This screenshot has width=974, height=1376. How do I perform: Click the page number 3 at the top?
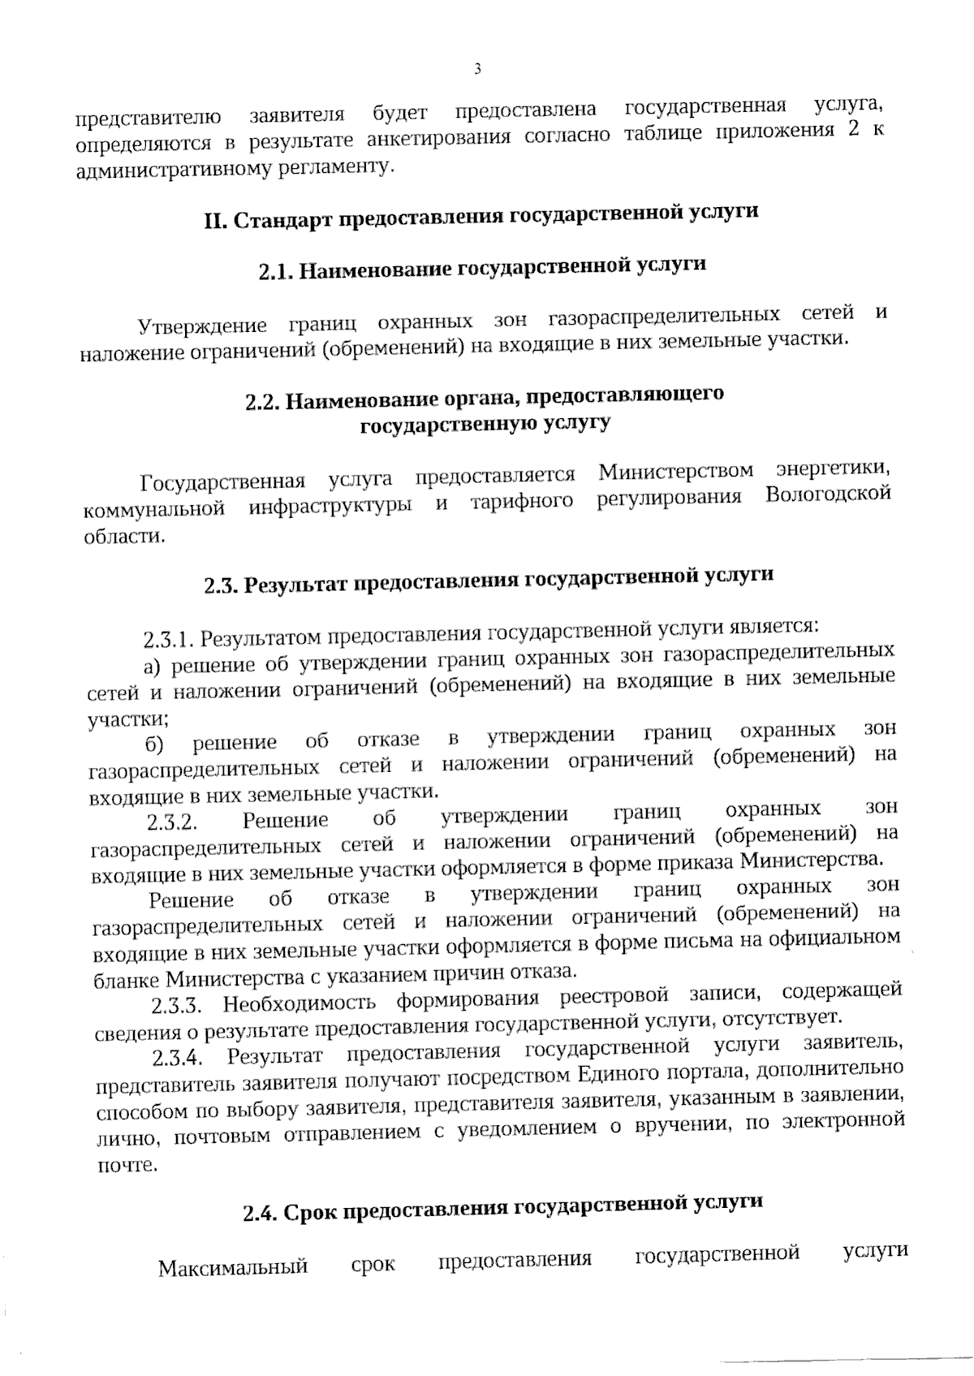(x=478, y=69)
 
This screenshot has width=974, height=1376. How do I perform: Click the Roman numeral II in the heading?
(x=213, y=222)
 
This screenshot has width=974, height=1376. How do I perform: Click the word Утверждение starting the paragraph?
(x=202, y=326)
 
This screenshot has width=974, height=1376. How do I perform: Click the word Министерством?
(x=676, y=472)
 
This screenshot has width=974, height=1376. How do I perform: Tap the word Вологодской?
(x=828, y=494)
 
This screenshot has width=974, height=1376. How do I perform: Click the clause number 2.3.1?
(x=168, y=640)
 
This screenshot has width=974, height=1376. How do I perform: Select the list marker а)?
(x=153, y=667)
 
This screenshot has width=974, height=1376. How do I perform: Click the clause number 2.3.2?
(x=173, y=823)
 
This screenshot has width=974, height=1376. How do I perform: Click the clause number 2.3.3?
(x=176, y=1007)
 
